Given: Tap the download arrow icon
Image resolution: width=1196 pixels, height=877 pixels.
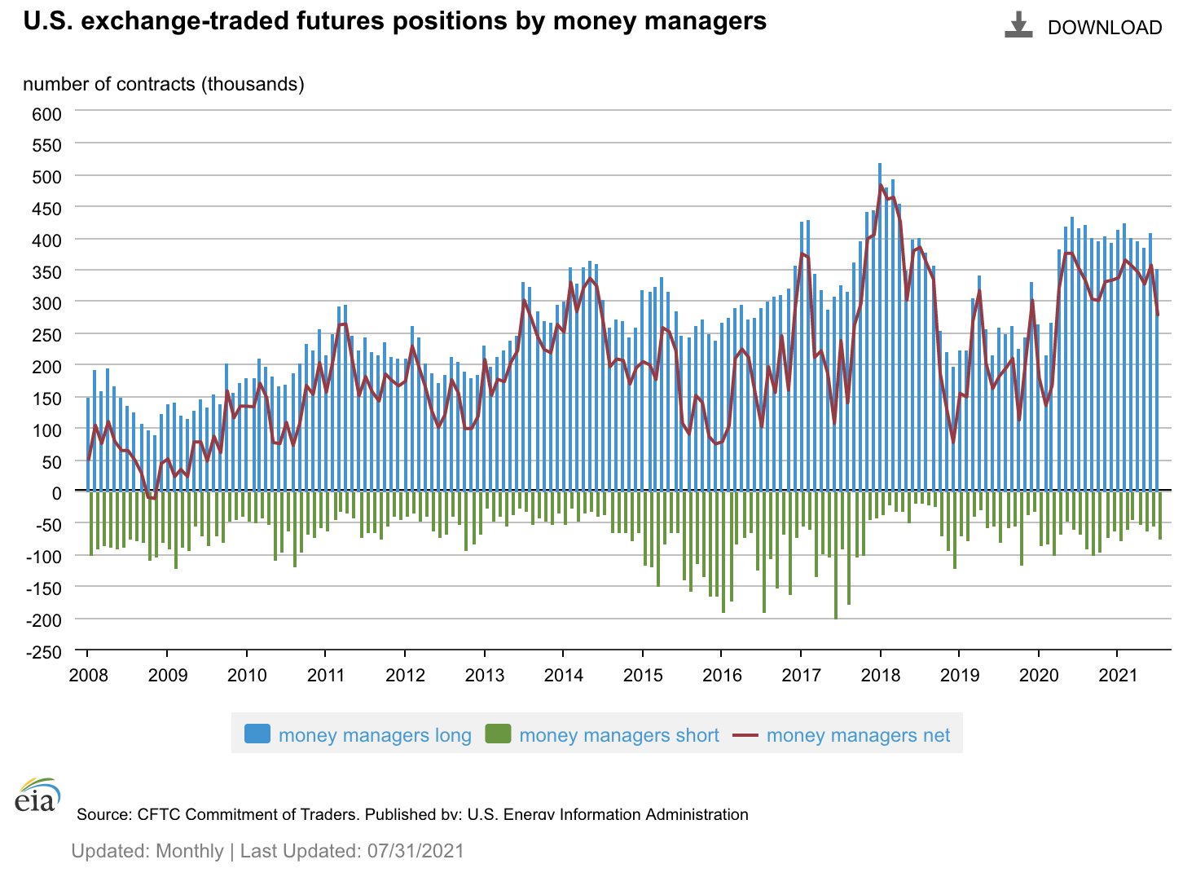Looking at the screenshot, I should pyautogui.click(x=1018, y=25).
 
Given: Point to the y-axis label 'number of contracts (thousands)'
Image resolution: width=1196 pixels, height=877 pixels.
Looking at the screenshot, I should pyautogui.click(x=164, y=84).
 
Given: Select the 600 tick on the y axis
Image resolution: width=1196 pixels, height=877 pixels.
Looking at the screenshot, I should pyautogui.click(x=47, y=113).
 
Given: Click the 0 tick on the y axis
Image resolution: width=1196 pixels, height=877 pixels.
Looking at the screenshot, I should pyautogui.click(x=56, y=492).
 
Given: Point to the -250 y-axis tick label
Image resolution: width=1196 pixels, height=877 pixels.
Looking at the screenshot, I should pyautogui.click(x=44, y=651).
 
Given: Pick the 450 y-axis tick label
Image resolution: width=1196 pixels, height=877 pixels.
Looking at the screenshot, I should pyautogui.click(x=47, y=209).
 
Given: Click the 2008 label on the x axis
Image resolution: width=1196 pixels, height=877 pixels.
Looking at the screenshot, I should pyautogui.click(x=88, y=675).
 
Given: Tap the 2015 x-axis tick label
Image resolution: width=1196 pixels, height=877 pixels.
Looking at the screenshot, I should pyautogui.click(x=643, y=675).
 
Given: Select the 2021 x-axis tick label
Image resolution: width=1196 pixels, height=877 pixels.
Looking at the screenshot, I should pyautogui.click(x=1118, y=675).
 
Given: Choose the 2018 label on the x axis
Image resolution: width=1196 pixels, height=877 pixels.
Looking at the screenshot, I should pyautogui.click(x=880, y=675).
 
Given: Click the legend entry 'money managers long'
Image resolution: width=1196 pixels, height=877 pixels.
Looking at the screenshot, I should pyautogui.click(x=375, y=735).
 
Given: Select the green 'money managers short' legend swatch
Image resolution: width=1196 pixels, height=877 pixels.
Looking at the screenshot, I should pyautogui.click(x=498, y=734).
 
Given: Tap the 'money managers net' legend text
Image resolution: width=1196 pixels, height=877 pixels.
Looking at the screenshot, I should pyautogui.click(x=858, y=735).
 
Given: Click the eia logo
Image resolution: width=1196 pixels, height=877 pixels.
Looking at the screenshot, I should pyautogui.click(x=37, y=795).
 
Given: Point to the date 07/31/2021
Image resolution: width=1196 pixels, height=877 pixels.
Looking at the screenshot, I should pyautogui.click(x=416, y=851).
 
